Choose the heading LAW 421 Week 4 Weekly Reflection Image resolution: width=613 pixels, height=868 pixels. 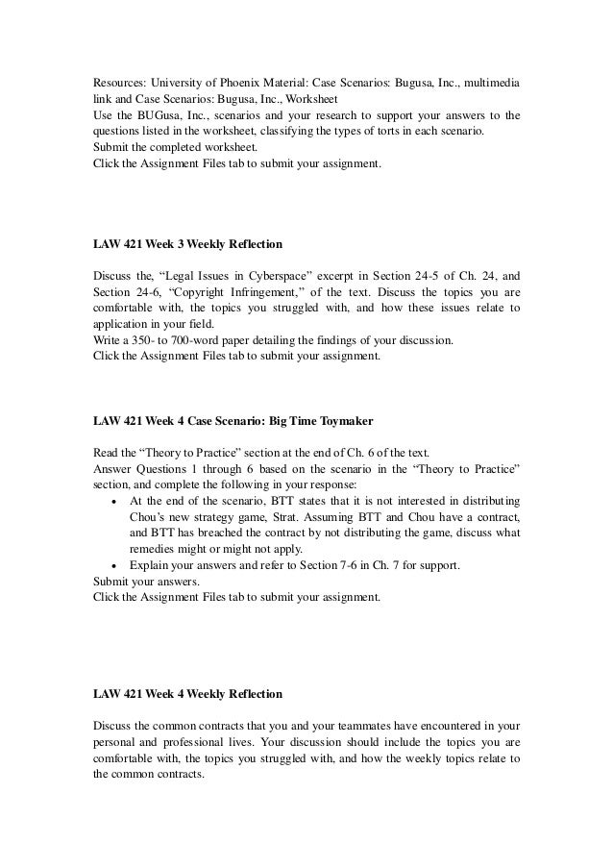click(187, 693)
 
